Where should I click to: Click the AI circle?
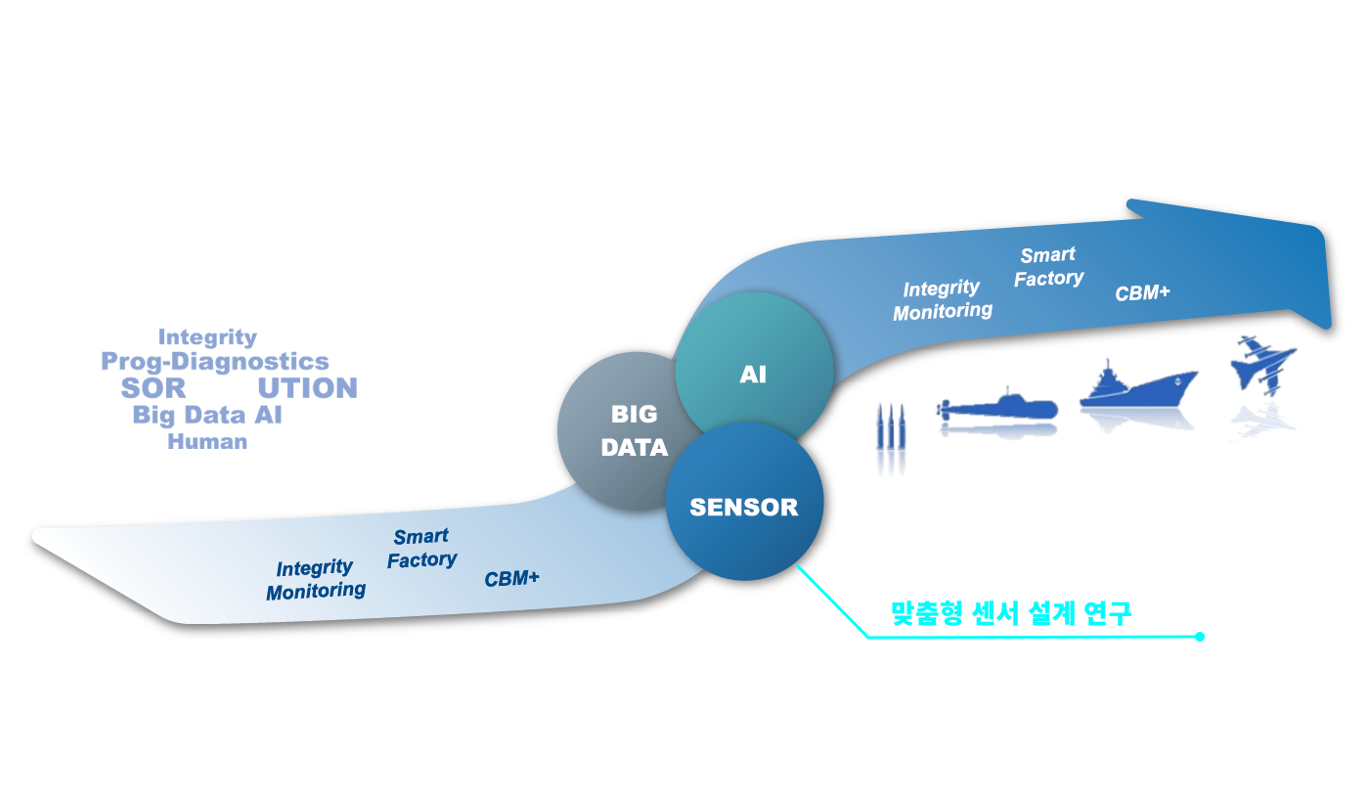click(754, 372)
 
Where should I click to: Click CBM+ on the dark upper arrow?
click(1142, 292)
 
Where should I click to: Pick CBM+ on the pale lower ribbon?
click(511, 579)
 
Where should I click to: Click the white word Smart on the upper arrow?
click(1047, 255)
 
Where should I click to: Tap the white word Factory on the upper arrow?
click(1048, 279)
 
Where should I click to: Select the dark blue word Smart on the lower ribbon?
click(420, 537)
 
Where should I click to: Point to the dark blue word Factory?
click(421, 560)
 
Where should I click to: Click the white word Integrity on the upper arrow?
click(941, 289)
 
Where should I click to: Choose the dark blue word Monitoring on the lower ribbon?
click(316, 591)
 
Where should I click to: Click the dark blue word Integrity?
click(314, 568)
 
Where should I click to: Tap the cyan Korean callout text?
click(1010, 613)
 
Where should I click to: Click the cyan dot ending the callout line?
click(1200, 637)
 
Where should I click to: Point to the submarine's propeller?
click(943, 410)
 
